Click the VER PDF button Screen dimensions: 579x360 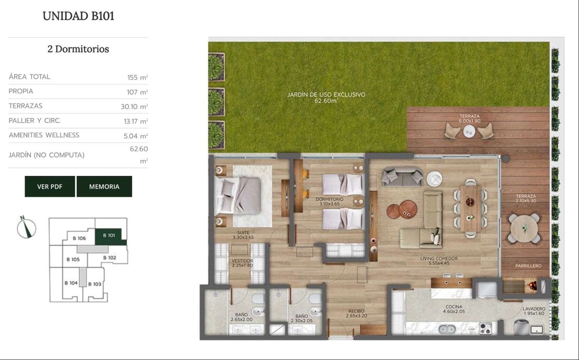click(50, 186)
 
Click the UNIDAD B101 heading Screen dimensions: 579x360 click(78, 16)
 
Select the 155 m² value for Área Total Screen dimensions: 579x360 click(138, 77)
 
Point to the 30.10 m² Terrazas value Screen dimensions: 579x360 click(134, 107)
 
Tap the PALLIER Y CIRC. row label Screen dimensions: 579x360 click(35, 121)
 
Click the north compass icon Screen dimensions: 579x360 click(26, 227)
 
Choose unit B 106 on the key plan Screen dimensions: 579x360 click(79, 238)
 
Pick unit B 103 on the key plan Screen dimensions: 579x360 click(94, 284)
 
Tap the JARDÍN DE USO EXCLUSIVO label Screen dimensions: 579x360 click(326, 95)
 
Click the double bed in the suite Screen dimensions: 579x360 click(237, 196)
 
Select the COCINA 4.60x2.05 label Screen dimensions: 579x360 click(454, 309)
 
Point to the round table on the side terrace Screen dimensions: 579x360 click(524, 228)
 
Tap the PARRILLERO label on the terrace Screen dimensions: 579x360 click(528, 266)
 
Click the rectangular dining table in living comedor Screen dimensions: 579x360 click(470, 208)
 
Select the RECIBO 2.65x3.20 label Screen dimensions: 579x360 click(356, 313)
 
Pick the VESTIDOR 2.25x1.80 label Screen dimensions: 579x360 click(242, 263)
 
